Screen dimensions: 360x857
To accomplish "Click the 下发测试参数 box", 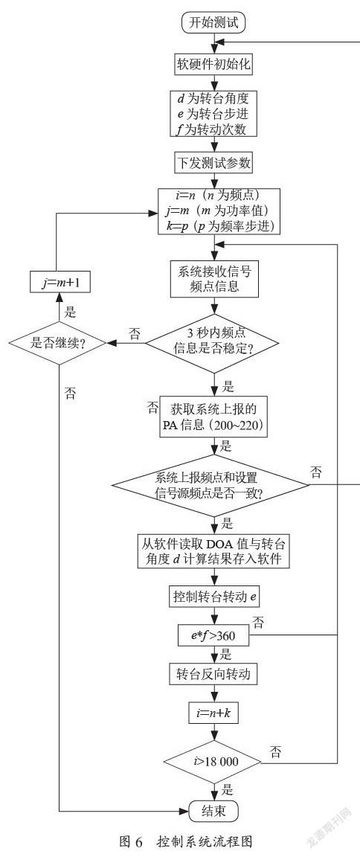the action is (217, 164).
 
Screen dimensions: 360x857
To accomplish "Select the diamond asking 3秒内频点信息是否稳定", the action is (217, 343).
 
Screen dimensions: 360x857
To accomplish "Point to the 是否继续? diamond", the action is (59, 343).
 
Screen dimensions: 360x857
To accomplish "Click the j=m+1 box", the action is (59, 284).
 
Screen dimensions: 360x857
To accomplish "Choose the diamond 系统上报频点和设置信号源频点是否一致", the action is (217, 486).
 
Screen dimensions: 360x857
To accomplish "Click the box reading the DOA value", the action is (217, 551).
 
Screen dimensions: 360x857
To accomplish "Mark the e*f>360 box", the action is (214, 636).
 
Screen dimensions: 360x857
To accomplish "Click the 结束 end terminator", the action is (214, 811).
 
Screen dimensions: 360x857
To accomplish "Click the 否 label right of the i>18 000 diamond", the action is (276, 753).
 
